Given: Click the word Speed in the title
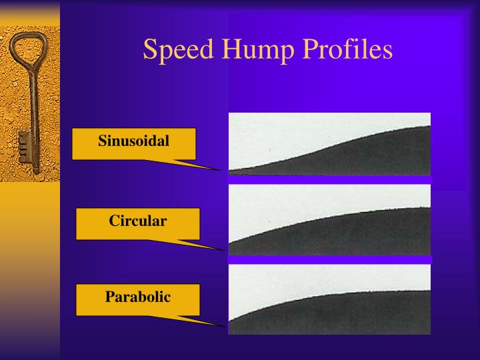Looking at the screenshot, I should tap(174, 51).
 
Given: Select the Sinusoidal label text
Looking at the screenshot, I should tap(134, 141).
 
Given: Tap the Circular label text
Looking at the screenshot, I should tap(138, 221).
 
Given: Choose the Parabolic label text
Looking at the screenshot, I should tap(138, 297).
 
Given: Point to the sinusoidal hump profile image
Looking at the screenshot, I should tap(329, 144).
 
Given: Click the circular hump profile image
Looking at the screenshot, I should tap(329, 220).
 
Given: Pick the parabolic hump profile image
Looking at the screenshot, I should tap(329, 299).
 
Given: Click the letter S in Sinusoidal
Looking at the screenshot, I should tap(102, 141).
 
